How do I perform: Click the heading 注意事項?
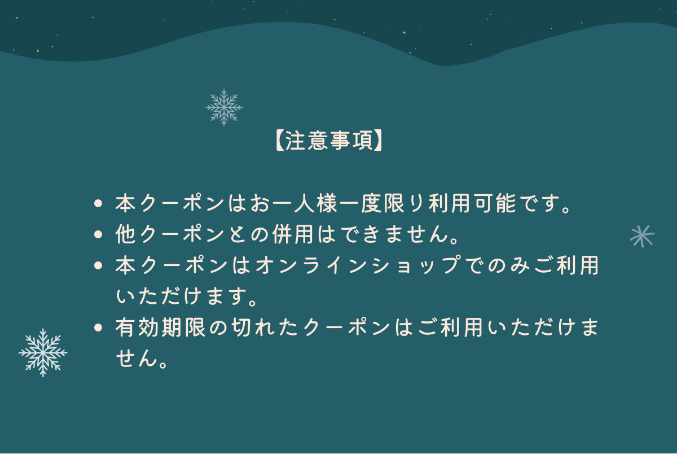coord(329,141)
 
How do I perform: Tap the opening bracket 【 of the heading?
coord(279,141)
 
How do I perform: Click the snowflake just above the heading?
coord(224,107)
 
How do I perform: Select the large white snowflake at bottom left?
coord(43,352)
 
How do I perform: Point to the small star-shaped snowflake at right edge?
coord(642,235)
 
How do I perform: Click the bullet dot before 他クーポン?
coord(99,234)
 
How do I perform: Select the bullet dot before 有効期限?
coord(99,327)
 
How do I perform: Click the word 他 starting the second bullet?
coord(125,234)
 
